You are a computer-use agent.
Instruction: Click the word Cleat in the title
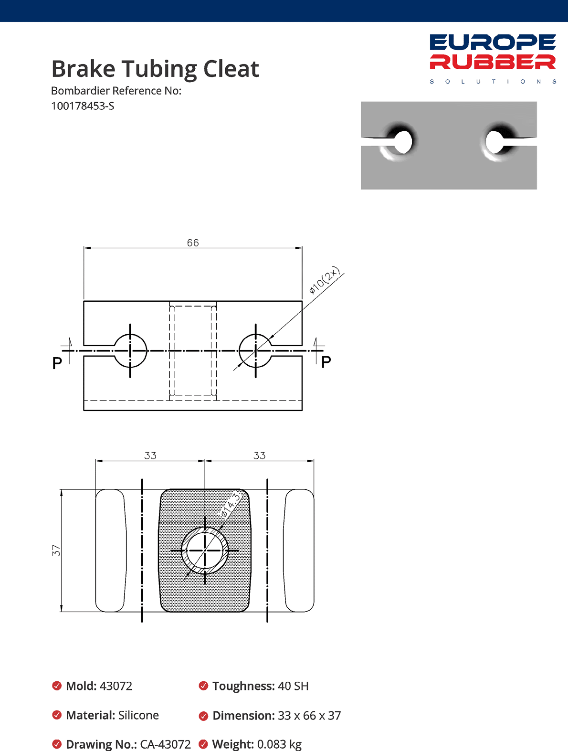(x=231, y=69)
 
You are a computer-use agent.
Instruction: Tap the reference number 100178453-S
(x=83, y=106)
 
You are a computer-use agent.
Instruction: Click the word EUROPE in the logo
(x=493, y=42)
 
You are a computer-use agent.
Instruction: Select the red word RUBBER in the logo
(x=493, y=62)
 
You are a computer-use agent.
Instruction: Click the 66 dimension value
(x=193, y=243)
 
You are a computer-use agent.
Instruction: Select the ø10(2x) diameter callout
(x=325, y=280)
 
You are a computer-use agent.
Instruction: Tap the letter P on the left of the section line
(x=57, y=363)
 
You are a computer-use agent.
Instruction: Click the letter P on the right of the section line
(x=326, y=362)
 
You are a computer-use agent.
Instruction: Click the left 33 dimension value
(x=150, y=455)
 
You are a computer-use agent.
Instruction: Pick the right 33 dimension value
(x=259, y=455)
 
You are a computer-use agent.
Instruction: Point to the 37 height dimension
(x=56, y=550)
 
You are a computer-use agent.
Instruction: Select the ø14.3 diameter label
(x=231, y=506)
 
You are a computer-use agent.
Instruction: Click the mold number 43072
(x=116, y=686)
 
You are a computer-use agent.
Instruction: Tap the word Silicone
(x=138, y=715)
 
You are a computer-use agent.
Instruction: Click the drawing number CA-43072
(x=165, y=744)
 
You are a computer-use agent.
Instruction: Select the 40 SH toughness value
(x=293, y=686)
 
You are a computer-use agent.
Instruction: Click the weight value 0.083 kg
(x=279, y=744)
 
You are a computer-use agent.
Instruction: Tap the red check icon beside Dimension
(x=203, y=716)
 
